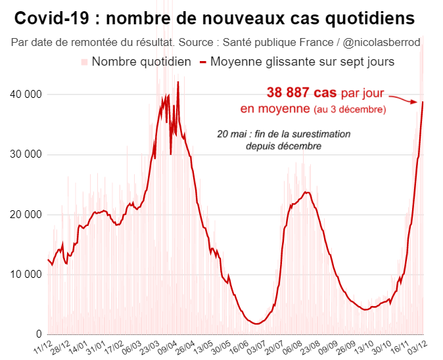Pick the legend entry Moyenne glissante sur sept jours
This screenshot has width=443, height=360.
[x=302, y=62]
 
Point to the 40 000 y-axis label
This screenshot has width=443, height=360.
[x=26, y=95]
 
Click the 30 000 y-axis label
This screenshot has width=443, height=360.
[x=26, y=154]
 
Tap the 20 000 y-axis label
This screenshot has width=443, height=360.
[x=26, y=214]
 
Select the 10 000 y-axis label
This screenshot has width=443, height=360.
[x=26, y=274]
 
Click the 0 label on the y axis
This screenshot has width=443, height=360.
[x=39, y=334]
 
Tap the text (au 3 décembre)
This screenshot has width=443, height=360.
[x=350, y=109]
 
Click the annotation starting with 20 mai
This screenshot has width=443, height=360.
[x=283, y=134]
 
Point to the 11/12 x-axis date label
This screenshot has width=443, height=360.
[x=43, y=346]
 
